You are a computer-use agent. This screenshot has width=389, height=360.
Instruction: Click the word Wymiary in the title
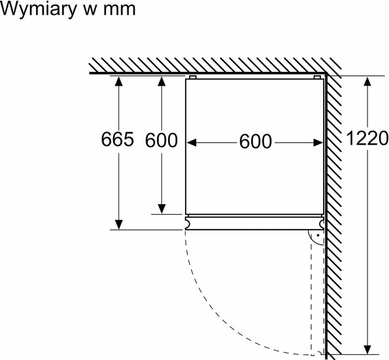pos(39,9)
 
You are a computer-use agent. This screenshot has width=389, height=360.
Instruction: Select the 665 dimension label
pos(117,139)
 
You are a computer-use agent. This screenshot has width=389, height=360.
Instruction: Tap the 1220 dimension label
pos(367,138)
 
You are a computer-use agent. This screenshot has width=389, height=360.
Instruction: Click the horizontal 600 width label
pos(255,141)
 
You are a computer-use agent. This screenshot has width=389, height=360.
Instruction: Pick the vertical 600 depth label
pos(161,140)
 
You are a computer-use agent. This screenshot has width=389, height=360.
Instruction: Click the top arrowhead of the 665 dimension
pos(119,81)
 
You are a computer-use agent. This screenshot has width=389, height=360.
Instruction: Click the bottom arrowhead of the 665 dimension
pos(119,225)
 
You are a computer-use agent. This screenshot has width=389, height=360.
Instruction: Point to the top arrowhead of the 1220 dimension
pos(367,81)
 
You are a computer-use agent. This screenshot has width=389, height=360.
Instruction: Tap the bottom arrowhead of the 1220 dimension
pos(367,350)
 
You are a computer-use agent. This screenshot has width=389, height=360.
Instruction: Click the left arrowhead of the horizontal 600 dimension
pos(192,143)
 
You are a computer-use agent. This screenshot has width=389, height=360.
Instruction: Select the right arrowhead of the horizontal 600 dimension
pos(318,143)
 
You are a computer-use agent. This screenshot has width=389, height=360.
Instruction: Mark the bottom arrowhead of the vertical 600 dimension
pos(161,209)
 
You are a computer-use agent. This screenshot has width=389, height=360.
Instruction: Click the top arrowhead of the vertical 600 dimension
pos(161,81)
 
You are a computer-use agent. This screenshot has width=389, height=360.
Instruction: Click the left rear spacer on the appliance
pos(193,77)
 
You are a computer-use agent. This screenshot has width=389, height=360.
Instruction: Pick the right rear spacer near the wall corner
pos(317,77)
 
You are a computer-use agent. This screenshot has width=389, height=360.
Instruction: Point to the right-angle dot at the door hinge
pos(318,235)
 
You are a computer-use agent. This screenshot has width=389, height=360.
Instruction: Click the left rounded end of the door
pos(188,223)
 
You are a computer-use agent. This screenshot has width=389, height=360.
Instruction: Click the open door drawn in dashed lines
pos(317,293)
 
